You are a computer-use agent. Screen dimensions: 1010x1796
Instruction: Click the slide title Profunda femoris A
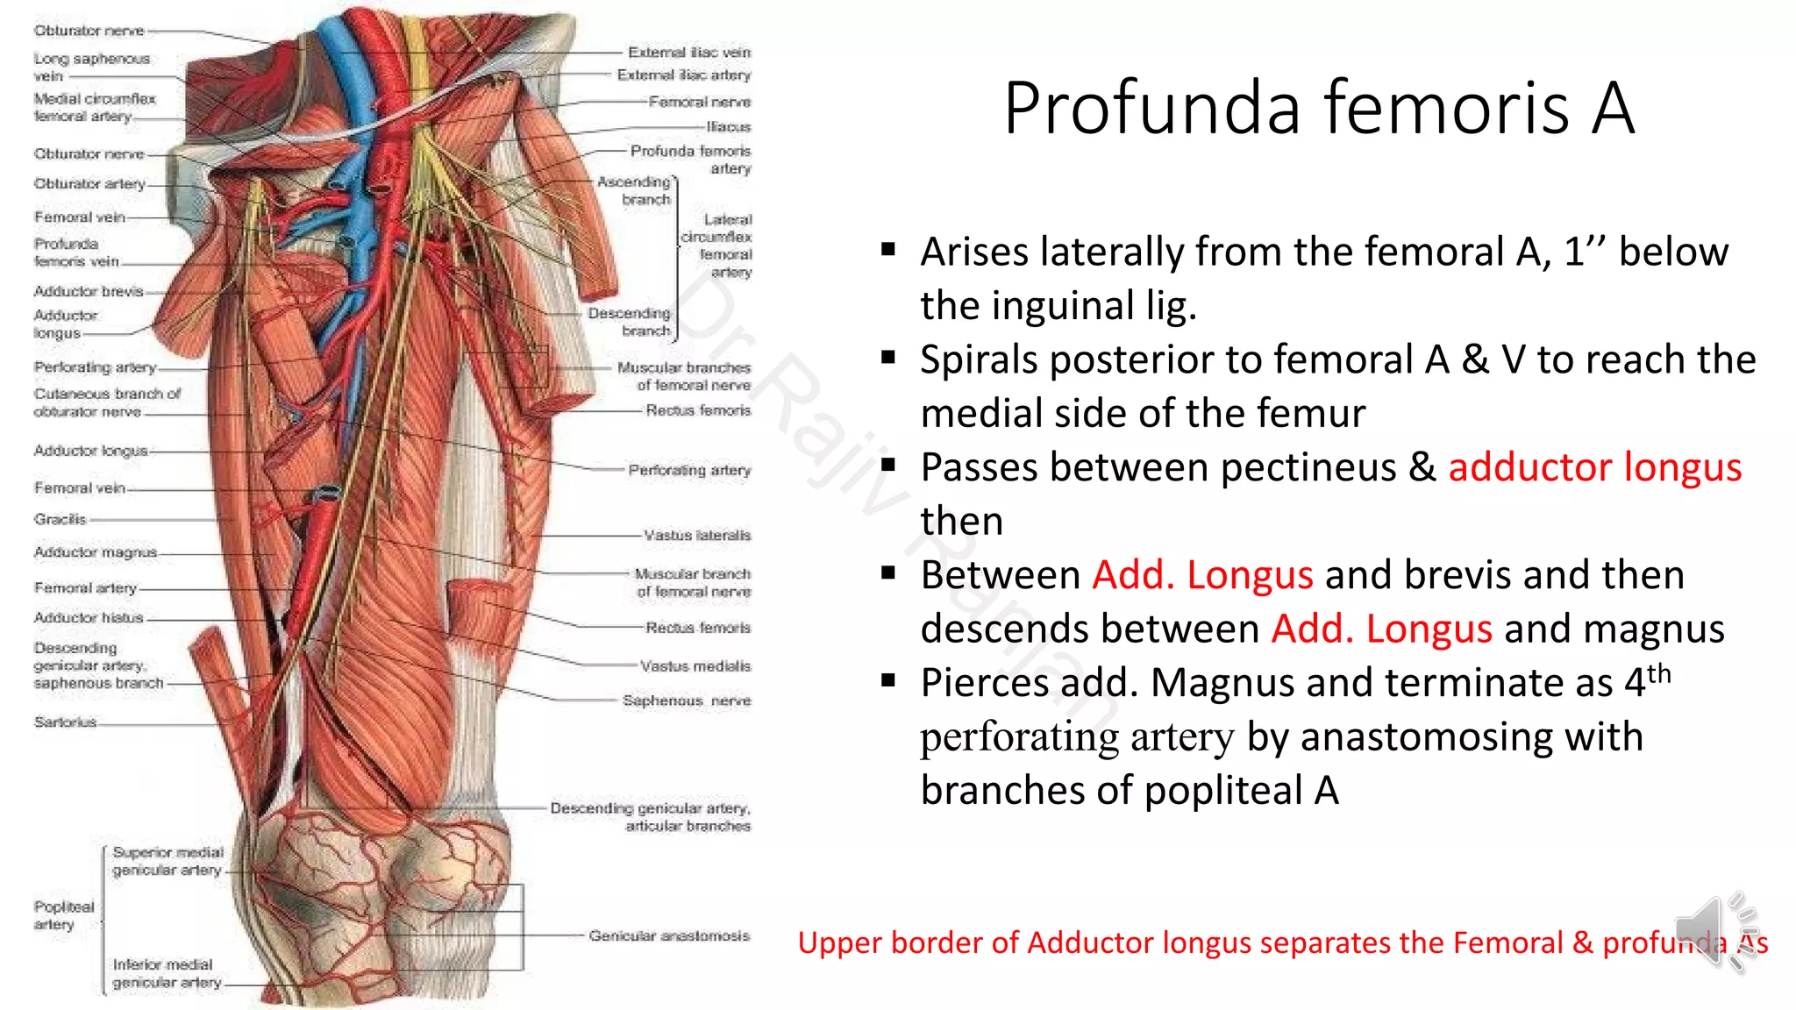tap(1319, 108)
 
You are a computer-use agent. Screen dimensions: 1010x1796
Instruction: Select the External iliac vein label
tap(689, 53)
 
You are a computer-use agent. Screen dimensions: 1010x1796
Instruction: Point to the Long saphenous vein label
tap(91, 67)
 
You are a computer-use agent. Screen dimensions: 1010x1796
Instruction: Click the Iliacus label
tap(729, 127)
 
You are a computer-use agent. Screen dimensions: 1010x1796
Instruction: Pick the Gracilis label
tap(61, 520)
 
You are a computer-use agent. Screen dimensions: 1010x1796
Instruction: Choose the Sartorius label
tap(65, 722)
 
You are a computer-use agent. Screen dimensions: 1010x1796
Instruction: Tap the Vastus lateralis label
tap(697, 535)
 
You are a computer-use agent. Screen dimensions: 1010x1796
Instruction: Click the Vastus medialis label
tap(695, 666)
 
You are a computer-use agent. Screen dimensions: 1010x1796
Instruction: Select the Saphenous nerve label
tap(687, 701)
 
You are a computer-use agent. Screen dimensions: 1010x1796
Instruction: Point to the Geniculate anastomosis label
tap(669, 936)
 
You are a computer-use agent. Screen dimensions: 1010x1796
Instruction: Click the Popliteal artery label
tap(63, 915)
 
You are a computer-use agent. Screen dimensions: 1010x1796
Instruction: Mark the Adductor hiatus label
tap(88, 618)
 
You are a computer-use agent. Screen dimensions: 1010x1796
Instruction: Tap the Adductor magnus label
tap(95, 552)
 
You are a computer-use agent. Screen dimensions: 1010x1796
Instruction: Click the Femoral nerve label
tap(700, 102)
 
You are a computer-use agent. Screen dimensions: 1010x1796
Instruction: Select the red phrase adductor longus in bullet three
tap(1594, 467)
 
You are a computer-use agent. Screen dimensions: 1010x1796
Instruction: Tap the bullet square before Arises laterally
tap(888, 250)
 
